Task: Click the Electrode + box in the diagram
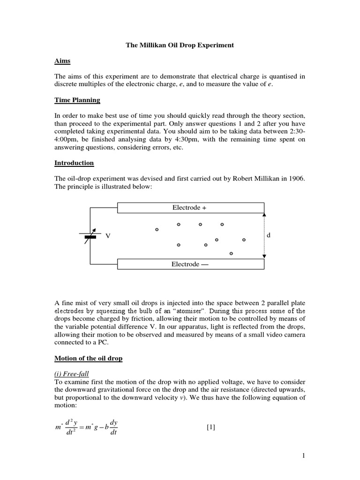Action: point(189,208)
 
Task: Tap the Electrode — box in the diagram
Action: point(189,264)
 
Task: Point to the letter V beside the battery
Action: point(108,236)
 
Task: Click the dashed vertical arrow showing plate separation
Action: point(264,236)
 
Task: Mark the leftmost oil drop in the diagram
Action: point(157,230)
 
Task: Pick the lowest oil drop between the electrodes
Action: point(231,254)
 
